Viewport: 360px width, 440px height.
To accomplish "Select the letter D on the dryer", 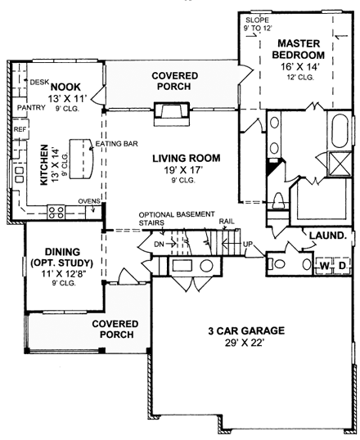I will pos(343,266).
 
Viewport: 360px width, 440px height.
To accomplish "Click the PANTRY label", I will pos(29,106).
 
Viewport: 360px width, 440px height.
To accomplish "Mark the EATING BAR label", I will pos(115,145).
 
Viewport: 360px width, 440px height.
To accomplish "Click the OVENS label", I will pos(88,201).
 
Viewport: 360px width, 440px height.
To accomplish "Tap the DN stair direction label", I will pos(158,244).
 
